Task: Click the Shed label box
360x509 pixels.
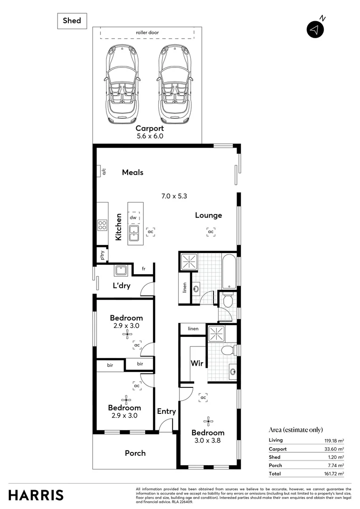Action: click(72, 21)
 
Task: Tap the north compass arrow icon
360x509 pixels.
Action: click(315, 30)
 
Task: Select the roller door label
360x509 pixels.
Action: click(147, 33)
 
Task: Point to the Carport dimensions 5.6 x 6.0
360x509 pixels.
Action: click(149, 137)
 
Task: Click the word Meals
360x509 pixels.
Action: click(132, 172)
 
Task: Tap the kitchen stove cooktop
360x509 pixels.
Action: click(102, 225)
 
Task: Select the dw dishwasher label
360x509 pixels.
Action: click(133, 218)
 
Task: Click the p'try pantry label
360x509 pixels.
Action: click(102, 255)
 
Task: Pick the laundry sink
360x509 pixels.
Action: click(119, 271)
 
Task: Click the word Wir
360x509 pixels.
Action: click(196, 363)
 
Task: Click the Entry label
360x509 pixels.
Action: click(166, 411)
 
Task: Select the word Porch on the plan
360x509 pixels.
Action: click(135, 453)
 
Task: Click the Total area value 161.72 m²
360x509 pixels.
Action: click(332, 474)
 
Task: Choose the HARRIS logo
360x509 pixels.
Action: click(36, 495)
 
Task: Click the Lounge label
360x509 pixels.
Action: click(209, 215)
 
